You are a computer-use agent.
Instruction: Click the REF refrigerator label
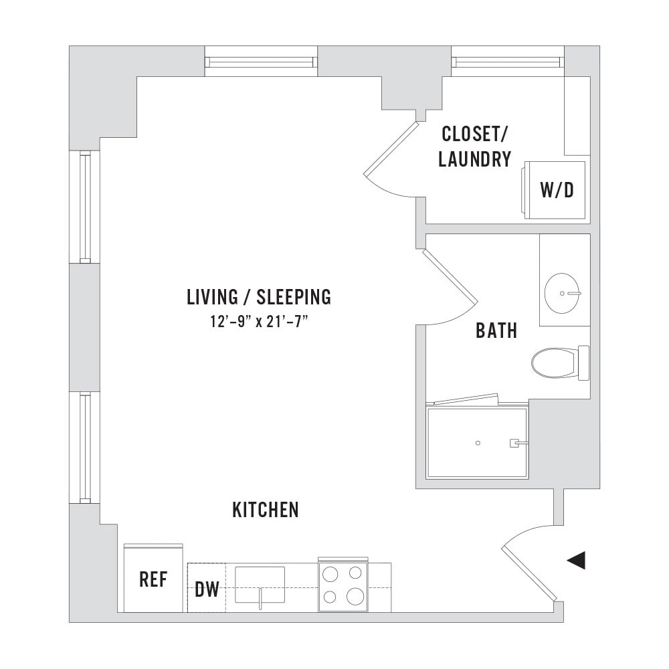pos(153,579)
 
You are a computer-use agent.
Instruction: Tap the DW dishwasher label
pos(207,589)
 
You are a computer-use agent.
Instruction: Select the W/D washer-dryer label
pos(557,190)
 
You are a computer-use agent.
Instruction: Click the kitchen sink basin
pos(260,585)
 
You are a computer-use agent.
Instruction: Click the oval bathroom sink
pos(563,294)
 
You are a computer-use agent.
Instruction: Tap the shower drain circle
pos(478,443)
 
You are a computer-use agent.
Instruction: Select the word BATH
pos(496,330)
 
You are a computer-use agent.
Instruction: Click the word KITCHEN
pos(266,510)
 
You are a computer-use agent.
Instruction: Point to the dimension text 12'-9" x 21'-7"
pos(259,321)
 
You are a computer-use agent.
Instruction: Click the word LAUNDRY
pos(475,159)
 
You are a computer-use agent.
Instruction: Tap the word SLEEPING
pos(294,297)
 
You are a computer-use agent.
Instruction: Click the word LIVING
pos(212,297)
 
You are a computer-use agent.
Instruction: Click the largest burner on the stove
pos(355,596)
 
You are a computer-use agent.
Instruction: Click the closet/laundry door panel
pos(391,149)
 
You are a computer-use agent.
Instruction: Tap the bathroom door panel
pos(450,275)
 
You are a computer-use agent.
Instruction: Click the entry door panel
pos(529,573)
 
